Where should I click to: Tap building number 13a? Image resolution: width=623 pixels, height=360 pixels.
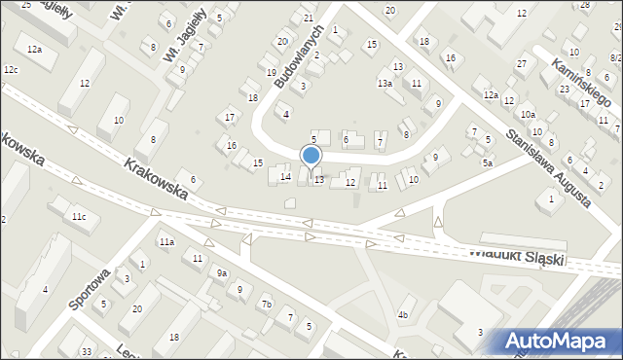click(385, 84)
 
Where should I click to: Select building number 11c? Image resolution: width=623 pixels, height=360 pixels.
click(76, 216)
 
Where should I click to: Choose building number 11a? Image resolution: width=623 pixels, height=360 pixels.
click(167, 241)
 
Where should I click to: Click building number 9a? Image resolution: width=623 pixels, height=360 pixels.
click(222, 273)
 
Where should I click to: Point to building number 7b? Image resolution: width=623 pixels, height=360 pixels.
click(265, 306)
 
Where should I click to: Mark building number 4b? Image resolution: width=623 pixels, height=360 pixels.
click(402, 314)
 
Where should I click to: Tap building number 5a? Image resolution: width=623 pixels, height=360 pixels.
click(487, 162)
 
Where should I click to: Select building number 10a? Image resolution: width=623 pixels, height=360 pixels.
click(528, 115)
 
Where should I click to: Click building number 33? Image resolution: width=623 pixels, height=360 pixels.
click(86, 350)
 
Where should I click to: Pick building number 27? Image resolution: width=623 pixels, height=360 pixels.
click(521, 64)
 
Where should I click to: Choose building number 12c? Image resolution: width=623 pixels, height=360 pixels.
click(11, 70)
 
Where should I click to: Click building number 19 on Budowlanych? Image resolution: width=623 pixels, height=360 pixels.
click(272, 73)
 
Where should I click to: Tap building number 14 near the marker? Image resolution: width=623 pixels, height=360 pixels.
click(285, 177)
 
